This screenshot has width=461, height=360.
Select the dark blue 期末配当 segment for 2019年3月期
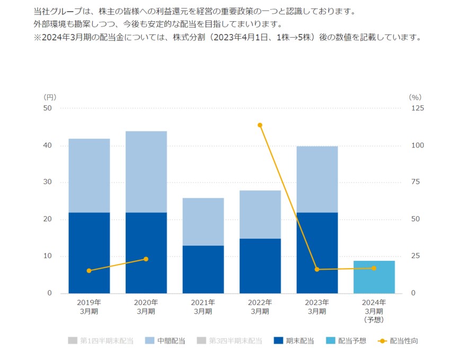click(89, 253)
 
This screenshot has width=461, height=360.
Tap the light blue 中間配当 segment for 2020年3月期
click(146, 172)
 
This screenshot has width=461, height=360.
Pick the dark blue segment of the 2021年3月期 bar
click(203, 269)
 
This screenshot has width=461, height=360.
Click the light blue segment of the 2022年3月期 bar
click(260, 214)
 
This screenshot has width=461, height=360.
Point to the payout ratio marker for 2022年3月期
click(260, 125)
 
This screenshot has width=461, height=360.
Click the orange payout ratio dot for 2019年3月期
click(89, 270)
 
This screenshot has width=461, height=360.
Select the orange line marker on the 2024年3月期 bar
click(374, 268)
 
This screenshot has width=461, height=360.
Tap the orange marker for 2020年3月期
click(146, 259)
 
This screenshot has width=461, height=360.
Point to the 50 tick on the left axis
click(48, 108)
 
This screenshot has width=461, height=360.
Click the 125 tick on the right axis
click(418, 108)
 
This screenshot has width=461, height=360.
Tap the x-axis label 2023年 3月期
click(317, 307)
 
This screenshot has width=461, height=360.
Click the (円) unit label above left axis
click(50, 97)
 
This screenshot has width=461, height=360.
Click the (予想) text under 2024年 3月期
click(374, 320)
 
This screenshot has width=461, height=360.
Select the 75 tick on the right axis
click(416, 182)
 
